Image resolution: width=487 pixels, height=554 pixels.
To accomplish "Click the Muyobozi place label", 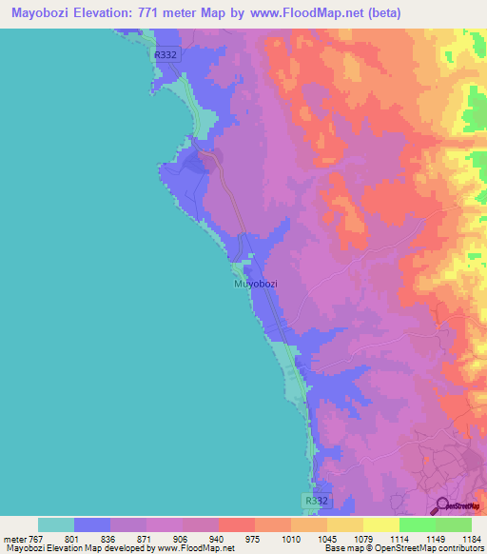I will (254, 284).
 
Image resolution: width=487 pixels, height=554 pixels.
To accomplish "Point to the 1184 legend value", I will (472, 538).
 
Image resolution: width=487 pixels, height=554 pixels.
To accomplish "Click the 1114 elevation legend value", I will (399, 538).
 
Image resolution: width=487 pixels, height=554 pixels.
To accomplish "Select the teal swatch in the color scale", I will (56, 524).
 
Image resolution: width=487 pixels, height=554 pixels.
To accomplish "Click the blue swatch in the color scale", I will (92, 524).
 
